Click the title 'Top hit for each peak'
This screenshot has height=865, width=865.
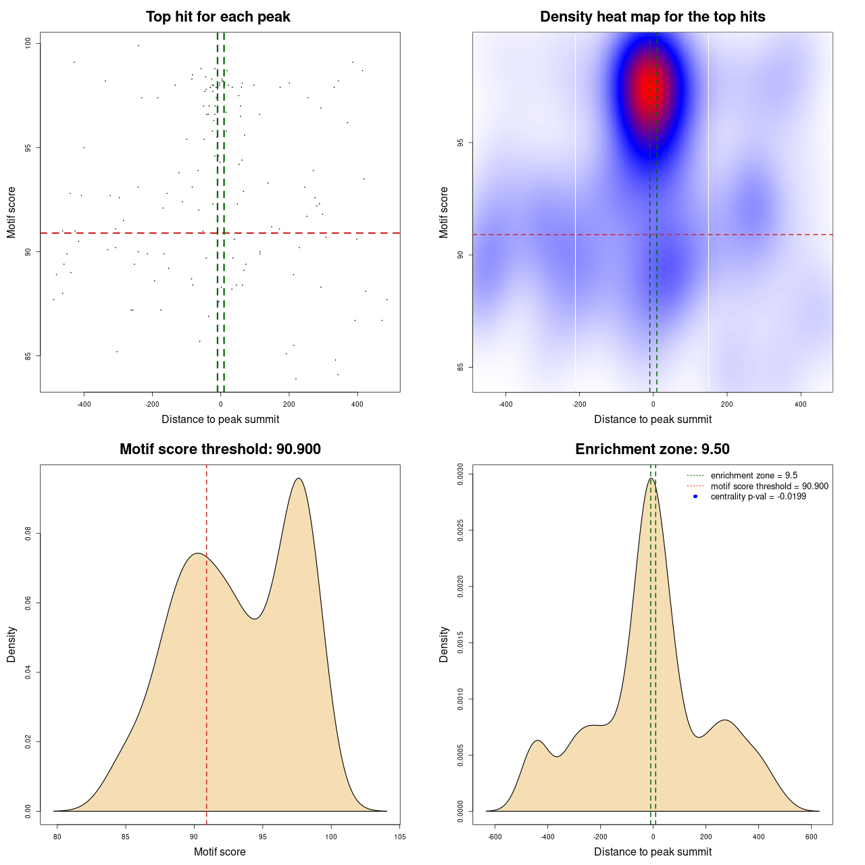point(218,17)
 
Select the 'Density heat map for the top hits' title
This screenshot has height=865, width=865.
point(652,17)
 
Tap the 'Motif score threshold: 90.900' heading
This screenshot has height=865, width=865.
point(220,449)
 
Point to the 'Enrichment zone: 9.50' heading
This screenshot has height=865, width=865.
point(652,449)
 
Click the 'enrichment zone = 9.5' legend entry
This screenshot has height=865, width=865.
point(753,476)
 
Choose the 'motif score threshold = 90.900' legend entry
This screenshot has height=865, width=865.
point(769,486)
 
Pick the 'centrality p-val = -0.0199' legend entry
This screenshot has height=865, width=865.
point(758,497)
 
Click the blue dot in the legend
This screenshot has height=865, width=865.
point(695,497)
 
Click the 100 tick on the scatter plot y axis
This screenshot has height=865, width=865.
point(28,43)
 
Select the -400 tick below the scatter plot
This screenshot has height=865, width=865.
point(84,404)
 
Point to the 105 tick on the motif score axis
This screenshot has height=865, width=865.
point(399,837)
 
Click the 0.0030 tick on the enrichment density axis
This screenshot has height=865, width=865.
point(461,474)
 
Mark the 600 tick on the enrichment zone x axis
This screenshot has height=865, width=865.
point(812,837)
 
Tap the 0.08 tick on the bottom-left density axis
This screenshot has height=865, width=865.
point(28,534)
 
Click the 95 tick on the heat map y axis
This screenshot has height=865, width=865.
point(461,143)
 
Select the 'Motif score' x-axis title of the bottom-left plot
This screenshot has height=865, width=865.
point(220,851)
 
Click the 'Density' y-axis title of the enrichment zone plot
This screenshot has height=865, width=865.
point(444,644)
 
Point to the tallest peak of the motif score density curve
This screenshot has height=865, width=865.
point(298,478)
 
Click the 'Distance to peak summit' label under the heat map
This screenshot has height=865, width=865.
point(652,419)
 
